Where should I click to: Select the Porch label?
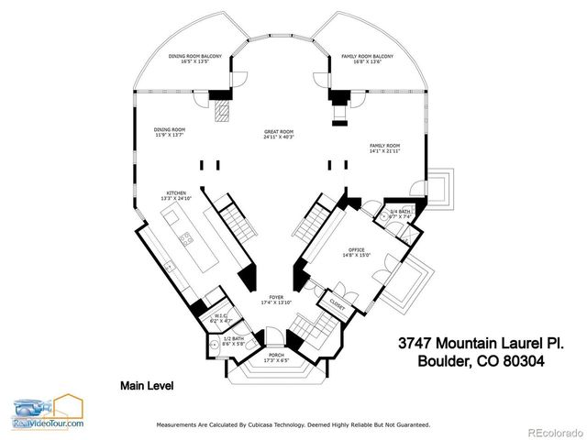pyautogui.click(x=275, y=357)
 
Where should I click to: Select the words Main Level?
pyautogui.click(x=149, y=386)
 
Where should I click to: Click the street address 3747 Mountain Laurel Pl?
pyautogui.click(x=481, y=342)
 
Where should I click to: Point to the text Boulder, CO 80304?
pyautogui.click(x=481, y=361)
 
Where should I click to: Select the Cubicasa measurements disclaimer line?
pyautogui.click(x=293, y=425)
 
